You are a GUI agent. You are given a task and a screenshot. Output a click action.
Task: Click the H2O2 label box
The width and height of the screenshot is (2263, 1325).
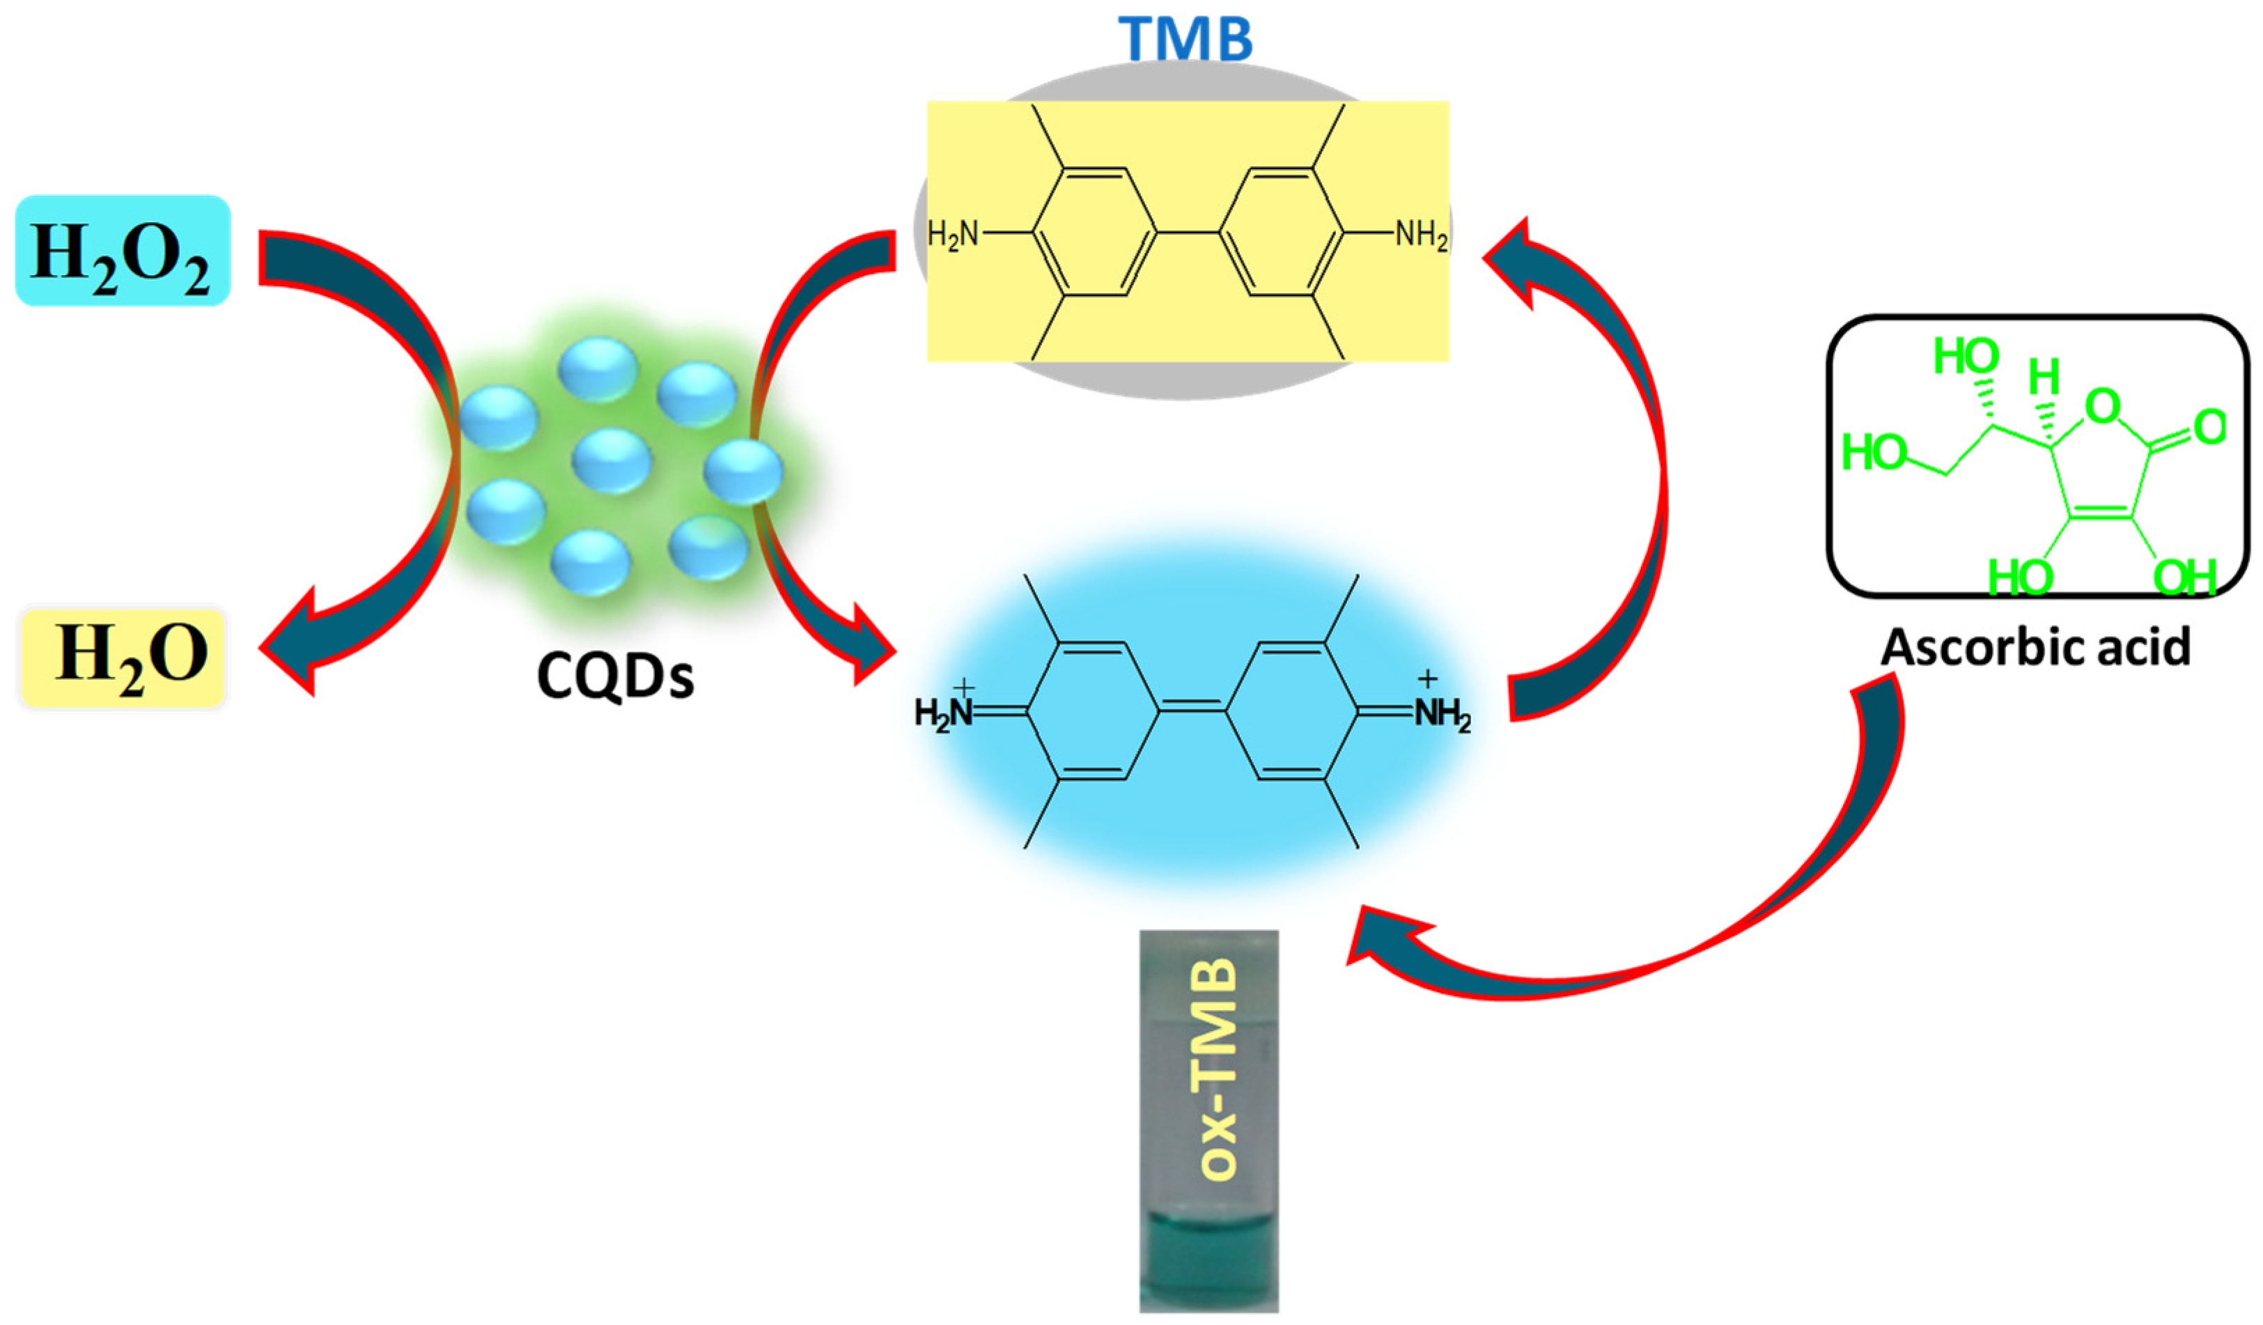[x=123, y=251]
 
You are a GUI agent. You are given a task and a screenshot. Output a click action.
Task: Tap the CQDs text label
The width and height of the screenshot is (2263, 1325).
[x=615, y=676]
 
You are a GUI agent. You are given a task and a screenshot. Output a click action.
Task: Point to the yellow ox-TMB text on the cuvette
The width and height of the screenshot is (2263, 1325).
[x=1219, y=1069]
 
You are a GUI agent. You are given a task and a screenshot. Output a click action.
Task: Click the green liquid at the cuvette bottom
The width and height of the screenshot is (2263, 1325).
[x=1208, y=1257]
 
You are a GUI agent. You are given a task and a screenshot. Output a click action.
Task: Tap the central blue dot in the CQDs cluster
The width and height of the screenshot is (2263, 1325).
[x=611, y=460]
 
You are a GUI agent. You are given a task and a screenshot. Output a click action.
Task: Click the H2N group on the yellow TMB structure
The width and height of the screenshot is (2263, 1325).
[x=953, y=235]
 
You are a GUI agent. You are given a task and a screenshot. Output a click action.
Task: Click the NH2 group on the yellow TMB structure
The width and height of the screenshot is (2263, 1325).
[x=1420, y=236]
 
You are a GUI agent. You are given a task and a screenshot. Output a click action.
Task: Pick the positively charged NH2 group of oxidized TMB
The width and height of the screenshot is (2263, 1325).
[x=1440, y=713]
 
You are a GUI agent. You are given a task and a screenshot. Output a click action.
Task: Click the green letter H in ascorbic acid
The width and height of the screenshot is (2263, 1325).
[x=2044, y=378]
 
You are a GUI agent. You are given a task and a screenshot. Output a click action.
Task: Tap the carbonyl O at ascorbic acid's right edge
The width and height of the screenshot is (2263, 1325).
[x=2209, y=428]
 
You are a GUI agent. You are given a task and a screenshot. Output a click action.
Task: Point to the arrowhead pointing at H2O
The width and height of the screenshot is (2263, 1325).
[x=292, y=642]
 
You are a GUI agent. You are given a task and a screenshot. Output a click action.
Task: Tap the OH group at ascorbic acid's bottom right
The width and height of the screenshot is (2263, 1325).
[x=2185, y=578]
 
